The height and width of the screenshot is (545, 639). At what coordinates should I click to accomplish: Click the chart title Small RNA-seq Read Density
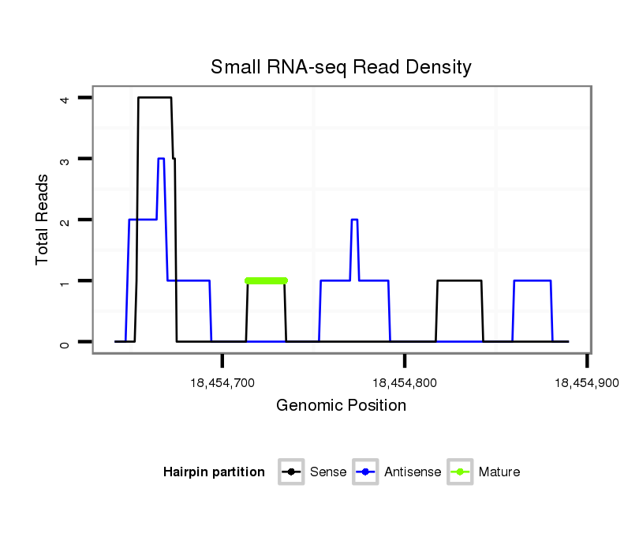(341, 67)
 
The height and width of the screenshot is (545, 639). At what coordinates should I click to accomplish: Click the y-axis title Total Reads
(42, 219)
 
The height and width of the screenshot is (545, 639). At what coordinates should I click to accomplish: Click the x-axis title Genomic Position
(341, 406)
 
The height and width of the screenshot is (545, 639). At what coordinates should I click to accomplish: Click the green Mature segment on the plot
(266, 280)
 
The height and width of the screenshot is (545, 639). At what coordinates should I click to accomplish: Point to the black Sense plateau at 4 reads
(155, 98)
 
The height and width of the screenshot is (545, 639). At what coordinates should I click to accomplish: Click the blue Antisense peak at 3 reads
(161, 159)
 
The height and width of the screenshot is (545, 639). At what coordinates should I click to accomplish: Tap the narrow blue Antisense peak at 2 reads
(354, 220)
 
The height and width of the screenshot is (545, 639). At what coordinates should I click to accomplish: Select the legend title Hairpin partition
(214, 472)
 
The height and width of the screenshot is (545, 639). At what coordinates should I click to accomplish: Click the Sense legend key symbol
(291, 472)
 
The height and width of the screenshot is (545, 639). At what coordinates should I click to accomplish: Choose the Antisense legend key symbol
(367, 472)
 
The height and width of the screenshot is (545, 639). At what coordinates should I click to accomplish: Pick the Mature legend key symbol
(460, 472)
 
